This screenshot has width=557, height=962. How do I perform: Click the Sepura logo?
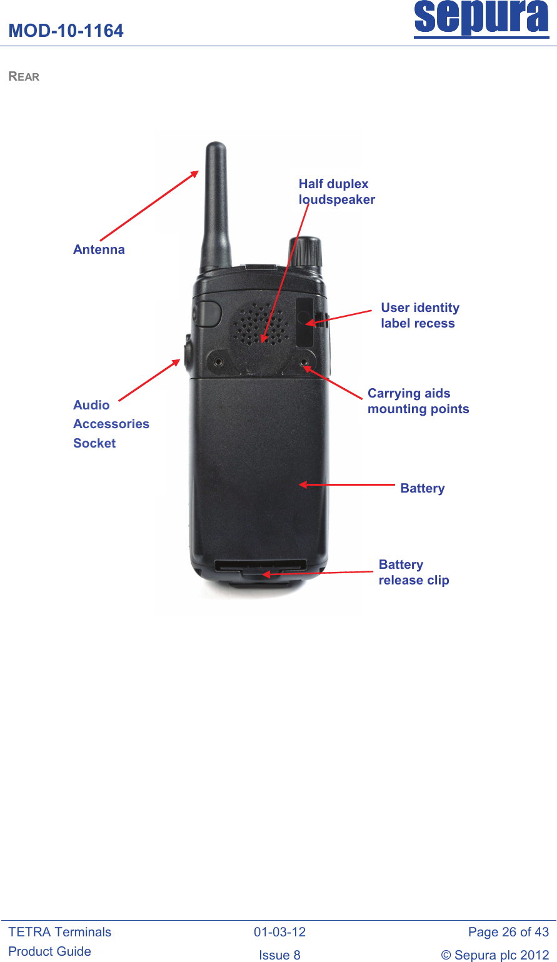click(481, 19)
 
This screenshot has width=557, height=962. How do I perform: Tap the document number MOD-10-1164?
click(66, 31)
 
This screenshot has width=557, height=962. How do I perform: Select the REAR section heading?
click(24, 76)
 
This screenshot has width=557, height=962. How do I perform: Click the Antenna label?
click(99, 249)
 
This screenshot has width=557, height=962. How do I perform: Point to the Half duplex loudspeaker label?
click(337, 191)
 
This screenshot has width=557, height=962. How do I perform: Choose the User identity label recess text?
click(420, 315)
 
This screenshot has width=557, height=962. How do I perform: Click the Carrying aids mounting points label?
click(418, 401)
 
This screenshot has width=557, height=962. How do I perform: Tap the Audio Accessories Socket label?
click(111, 424)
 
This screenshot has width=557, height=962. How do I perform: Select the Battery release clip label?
click(414, 572)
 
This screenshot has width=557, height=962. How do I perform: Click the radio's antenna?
click(216, 206)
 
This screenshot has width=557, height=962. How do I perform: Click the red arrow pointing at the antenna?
click(149, 206)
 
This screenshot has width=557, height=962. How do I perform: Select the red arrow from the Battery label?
click(346, 485)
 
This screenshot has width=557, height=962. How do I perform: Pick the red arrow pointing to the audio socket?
click(149, 380)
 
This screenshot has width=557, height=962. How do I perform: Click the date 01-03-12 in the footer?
click(279, 932)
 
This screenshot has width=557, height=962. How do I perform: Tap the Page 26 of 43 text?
click(508, 932)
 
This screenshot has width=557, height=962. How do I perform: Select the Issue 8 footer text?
click(279, 954)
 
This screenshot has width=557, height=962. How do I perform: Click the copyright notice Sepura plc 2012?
click(495, 954)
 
